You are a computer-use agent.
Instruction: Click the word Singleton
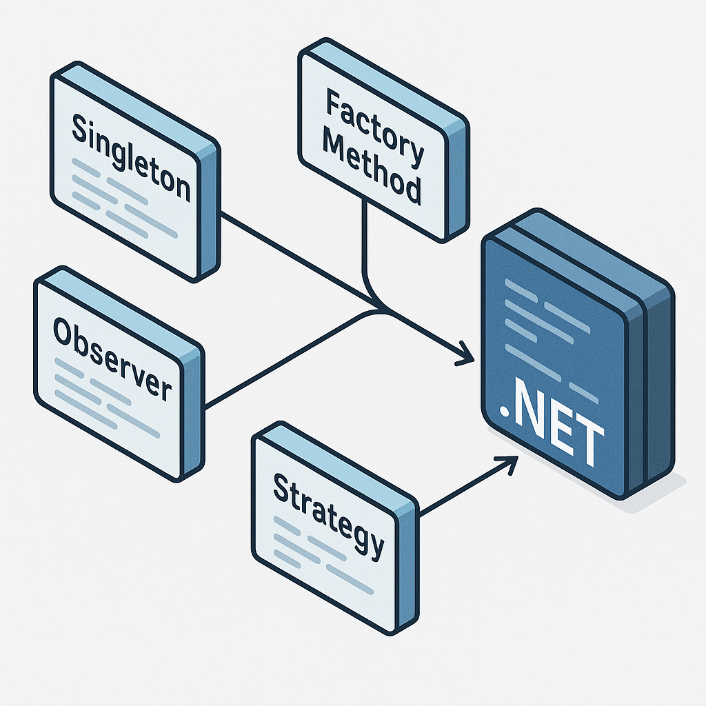[x=131, y=159]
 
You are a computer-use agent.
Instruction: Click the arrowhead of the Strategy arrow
[x=511, y=462]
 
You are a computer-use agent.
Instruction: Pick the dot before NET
[x=505, y=413]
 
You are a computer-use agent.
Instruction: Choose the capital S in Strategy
[x=282, y=488]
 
